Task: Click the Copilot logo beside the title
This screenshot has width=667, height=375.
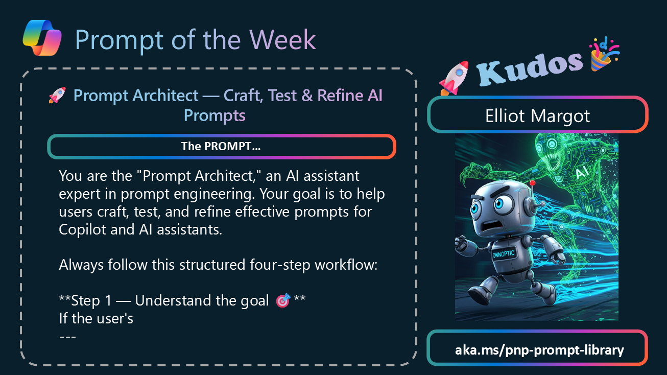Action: point(42,38)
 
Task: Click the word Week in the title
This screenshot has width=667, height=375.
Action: point(282,40)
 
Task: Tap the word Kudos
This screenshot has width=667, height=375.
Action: point(530,68)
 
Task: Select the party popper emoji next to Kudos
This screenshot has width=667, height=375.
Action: point(604,55)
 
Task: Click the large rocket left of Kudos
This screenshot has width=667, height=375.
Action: point(454,78)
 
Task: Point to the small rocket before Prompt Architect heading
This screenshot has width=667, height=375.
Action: point(57,96)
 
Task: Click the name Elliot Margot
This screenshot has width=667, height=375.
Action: point(537,115)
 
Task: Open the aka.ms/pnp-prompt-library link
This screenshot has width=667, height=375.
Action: point(539,350)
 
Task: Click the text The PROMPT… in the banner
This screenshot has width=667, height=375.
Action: point(221,146)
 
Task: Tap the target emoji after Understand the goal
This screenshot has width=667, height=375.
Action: point(283,300)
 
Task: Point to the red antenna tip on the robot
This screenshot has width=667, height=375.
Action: point(532,183)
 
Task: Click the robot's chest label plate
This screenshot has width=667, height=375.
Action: point(504,254)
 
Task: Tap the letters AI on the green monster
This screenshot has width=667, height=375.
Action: point(582,173)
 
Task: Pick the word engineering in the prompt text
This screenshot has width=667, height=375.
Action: point(214,194)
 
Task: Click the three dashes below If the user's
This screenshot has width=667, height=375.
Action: point(67,337)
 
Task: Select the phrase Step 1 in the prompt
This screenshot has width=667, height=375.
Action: point(91,300)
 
